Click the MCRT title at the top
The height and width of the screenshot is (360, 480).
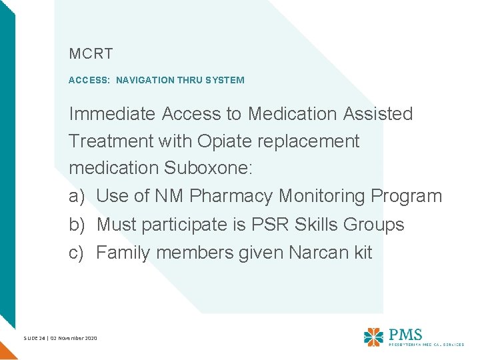click(91, 52)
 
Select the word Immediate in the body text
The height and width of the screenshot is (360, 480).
click(112, 114)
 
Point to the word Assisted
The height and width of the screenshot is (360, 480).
click(378, 114)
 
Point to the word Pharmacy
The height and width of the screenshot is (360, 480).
click(231, 197)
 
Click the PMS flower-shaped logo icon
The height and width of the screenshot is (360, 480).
click(373, 336)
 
